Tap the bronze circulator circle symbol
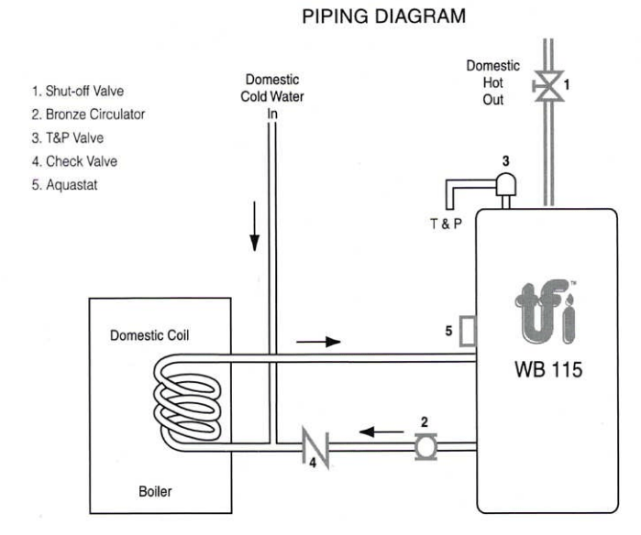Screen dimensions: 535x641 [425, 446]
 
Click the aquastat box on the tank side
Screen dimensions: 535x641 [466, 331]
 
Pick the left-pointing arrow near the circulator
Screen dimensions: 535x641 [377, 428]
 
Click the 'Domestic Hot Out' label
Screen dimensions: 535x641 [492, 82]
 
